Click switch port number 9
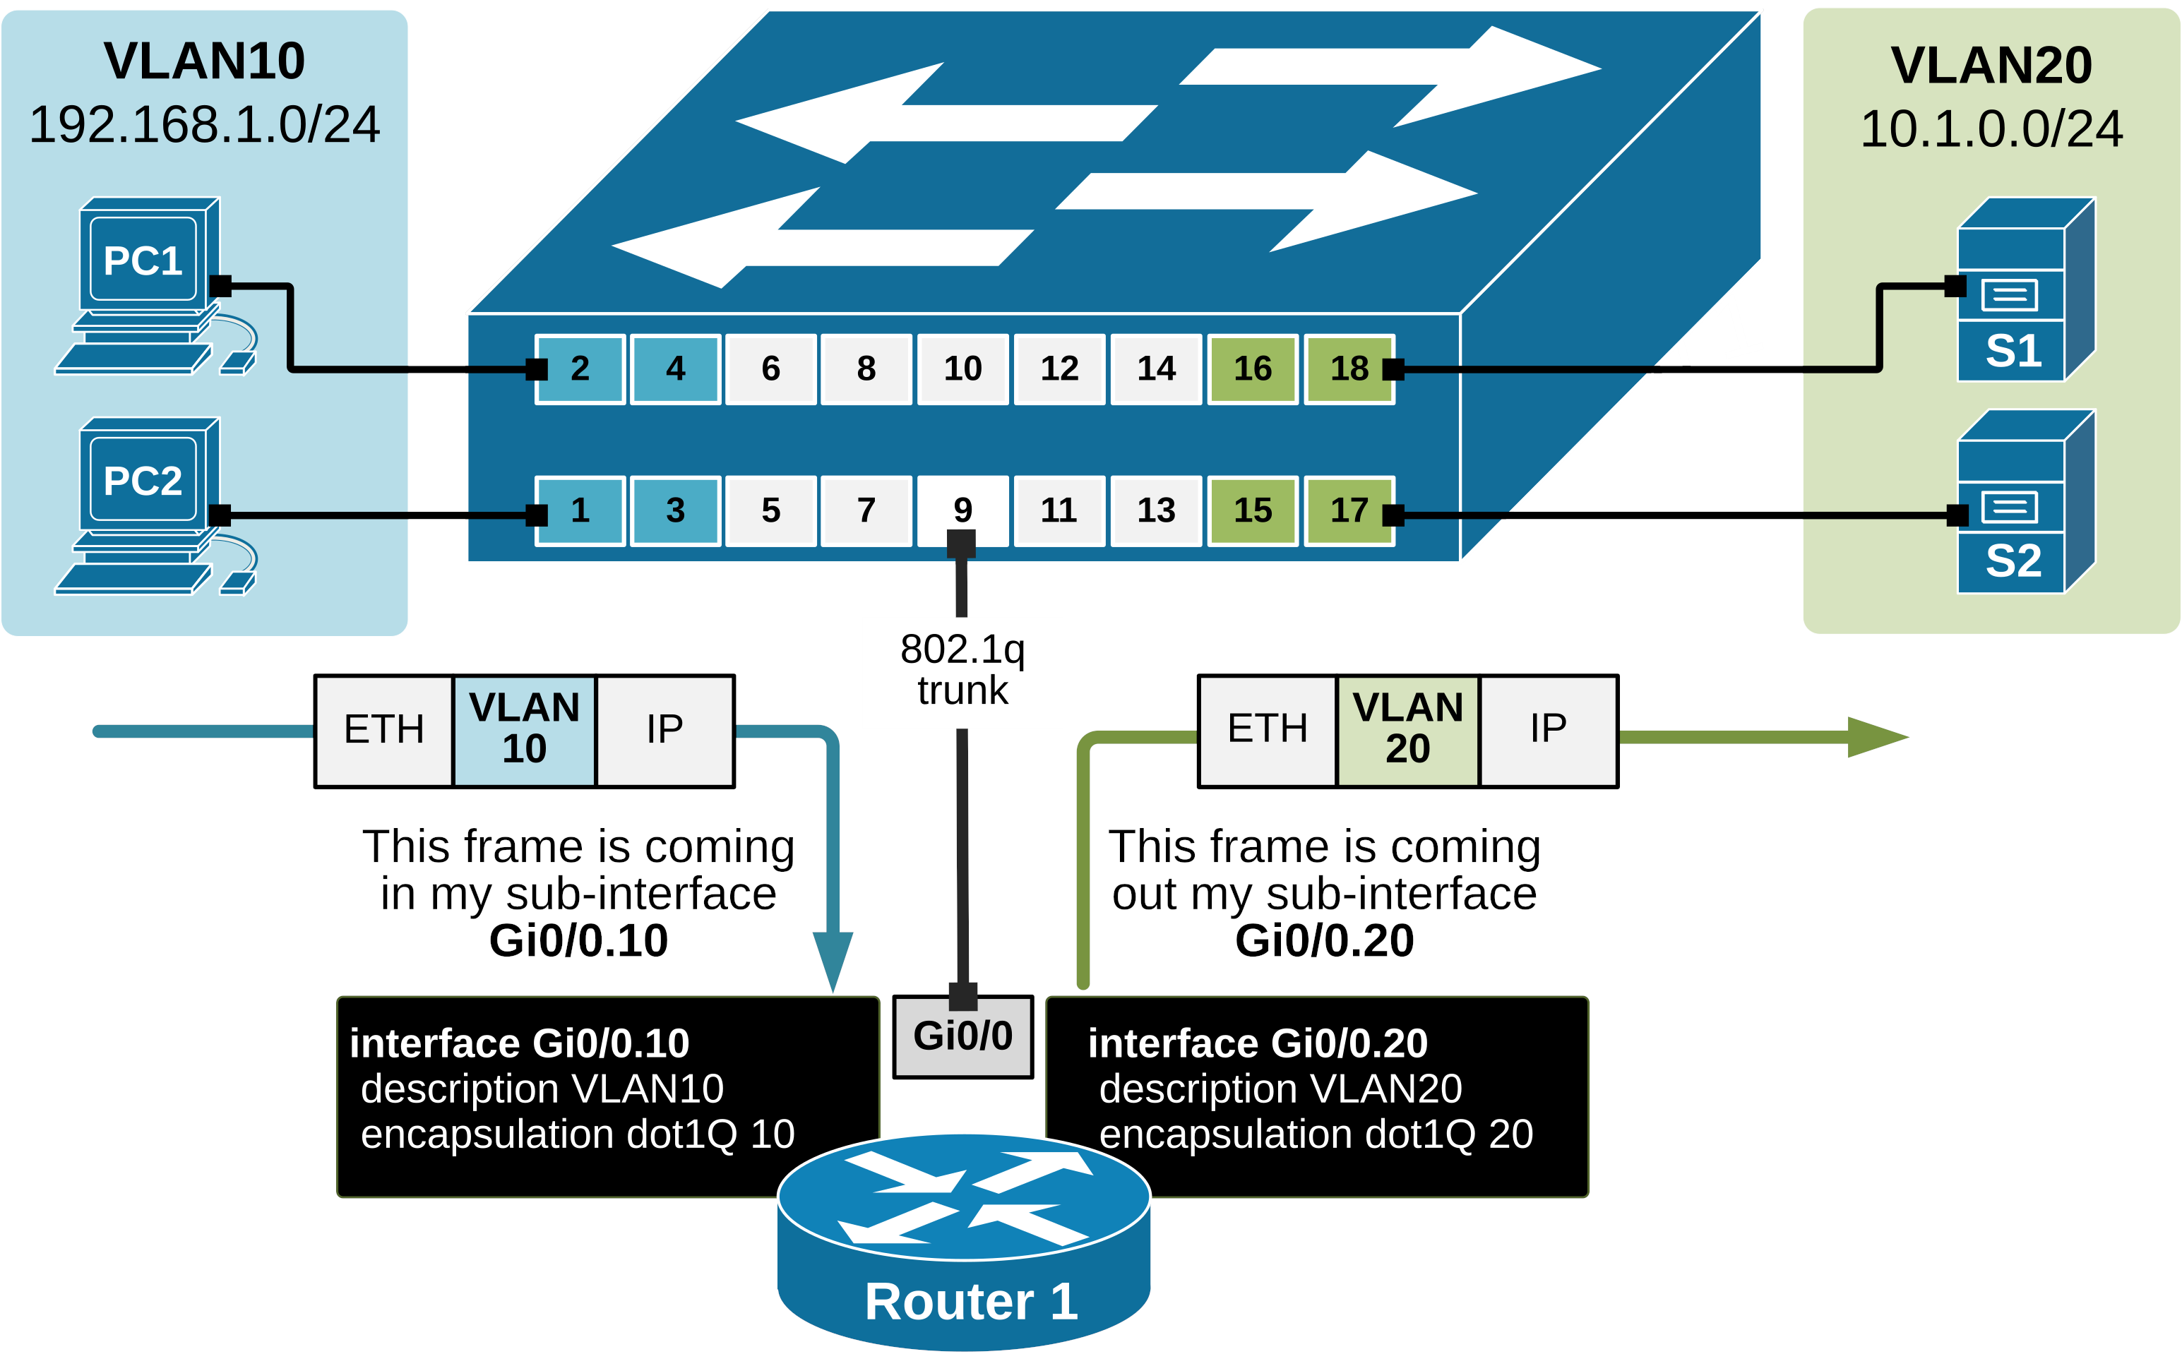[x=963, y=510]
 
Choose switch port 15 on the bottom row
[x=1252, y=510]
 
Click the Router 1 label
[x=971, y=1301]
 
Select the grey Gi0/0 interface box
[x=963, y=1037]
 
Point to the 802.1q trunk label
[x=963, y=670]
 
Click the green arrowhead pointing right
[x=1876, y=737]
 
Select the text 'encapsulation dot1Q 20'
[x=1316, y=1134]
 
